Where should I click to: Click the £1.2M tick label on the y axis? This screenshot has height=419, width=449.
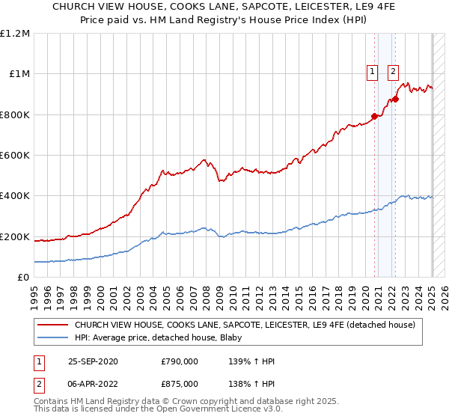15,34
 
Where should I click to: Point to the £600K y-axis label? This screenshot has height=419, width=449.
15,156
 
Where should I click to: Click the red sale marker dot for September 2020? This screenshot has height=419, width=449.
374,116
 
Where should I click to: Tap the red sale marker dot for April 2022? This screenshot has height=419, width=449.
394,99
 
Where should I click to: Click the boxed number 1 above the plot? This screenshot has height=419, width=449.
371,73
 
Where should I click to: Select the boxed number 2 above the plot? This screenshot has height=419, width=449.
393,73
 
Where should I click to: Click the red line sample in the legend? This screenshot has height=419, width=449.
53,325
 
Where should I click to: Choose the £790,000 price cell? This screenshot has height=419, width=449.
180,361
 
